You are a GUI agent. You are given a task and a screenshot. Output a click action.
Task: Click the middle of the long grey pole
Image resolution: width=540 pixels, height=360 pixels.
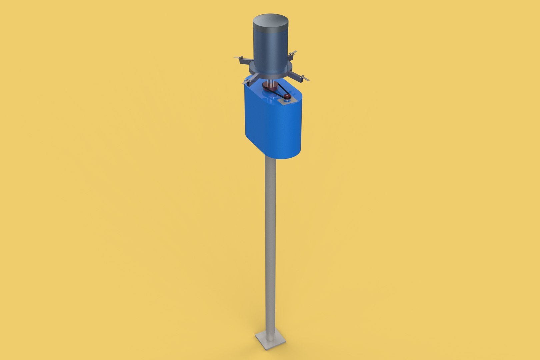(x=270, y=240)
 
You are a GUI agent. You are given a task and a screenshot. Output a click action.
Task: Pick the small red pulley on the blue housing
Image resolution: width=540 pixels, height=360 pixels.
(x=287, y=96)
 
